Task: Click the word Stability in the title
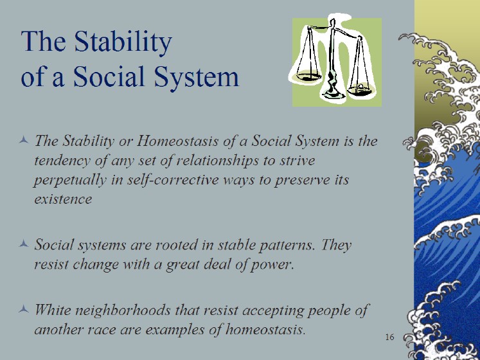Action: pos(123,42)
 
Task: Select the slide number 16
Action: pos(389,337)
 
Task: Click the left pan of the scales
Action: pos(308,76)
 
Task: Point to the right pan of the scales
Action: pos(360,91)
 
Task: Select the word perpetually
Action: pos(70,180)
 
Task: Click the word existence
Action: pos(63,199)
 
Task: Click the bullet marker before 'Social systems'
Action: pos(24,244)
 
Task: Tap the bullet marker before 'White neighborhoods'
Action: pos(24,309)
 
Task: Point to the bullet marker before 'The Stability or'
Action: pos(24,140)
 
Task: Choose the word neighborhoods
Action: pos(123,310)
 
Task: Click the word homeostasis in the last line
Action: pos(265,330)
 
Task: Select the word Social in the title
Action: pos(109,76)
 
